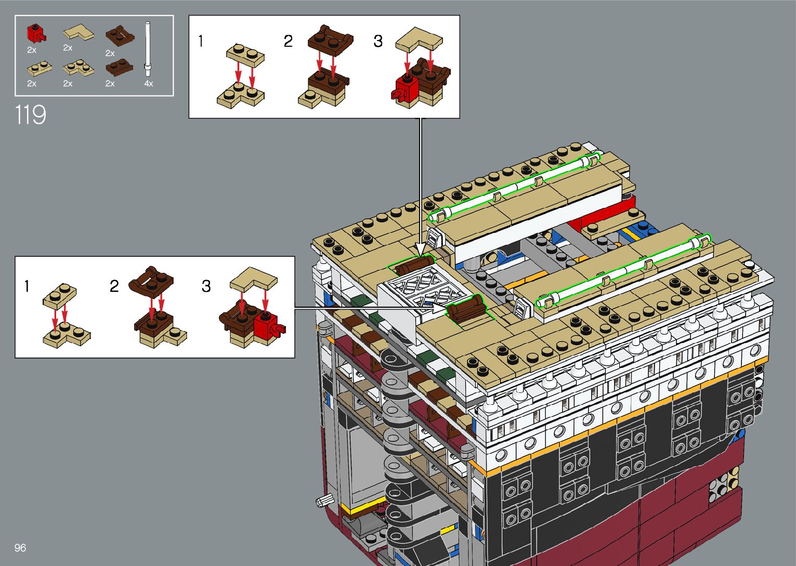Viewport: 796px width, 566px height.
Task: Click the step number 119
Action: (31, 114)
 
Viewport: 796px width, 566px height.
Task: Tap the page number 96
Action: (20, 547)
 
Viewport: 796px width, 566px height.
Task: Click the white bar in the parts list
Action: (148, 49)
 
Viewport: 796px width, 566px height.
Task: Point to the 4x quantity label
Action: (149, 84)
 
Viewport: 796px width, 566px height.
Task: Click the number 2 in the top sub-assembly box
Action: (288, 41)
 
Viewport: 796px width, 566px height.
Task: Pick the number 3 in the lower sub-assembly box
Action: (206, 286)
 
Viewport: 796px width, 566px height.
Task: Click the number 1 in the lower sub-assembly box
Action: (27, 286)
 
